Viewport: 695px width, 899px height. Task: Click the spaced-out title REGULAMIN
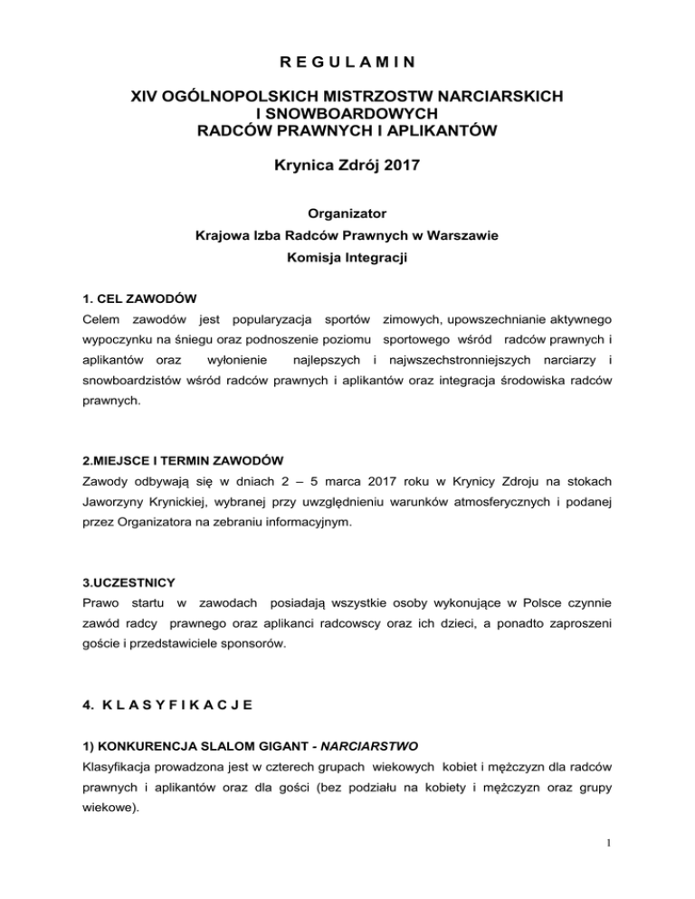click(x=347, y=62)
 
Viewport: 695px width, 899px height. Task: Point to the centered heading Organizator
click(x=347, y=214)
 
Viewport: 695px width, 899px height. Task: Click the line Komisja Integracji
click(x=347, y=260)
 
